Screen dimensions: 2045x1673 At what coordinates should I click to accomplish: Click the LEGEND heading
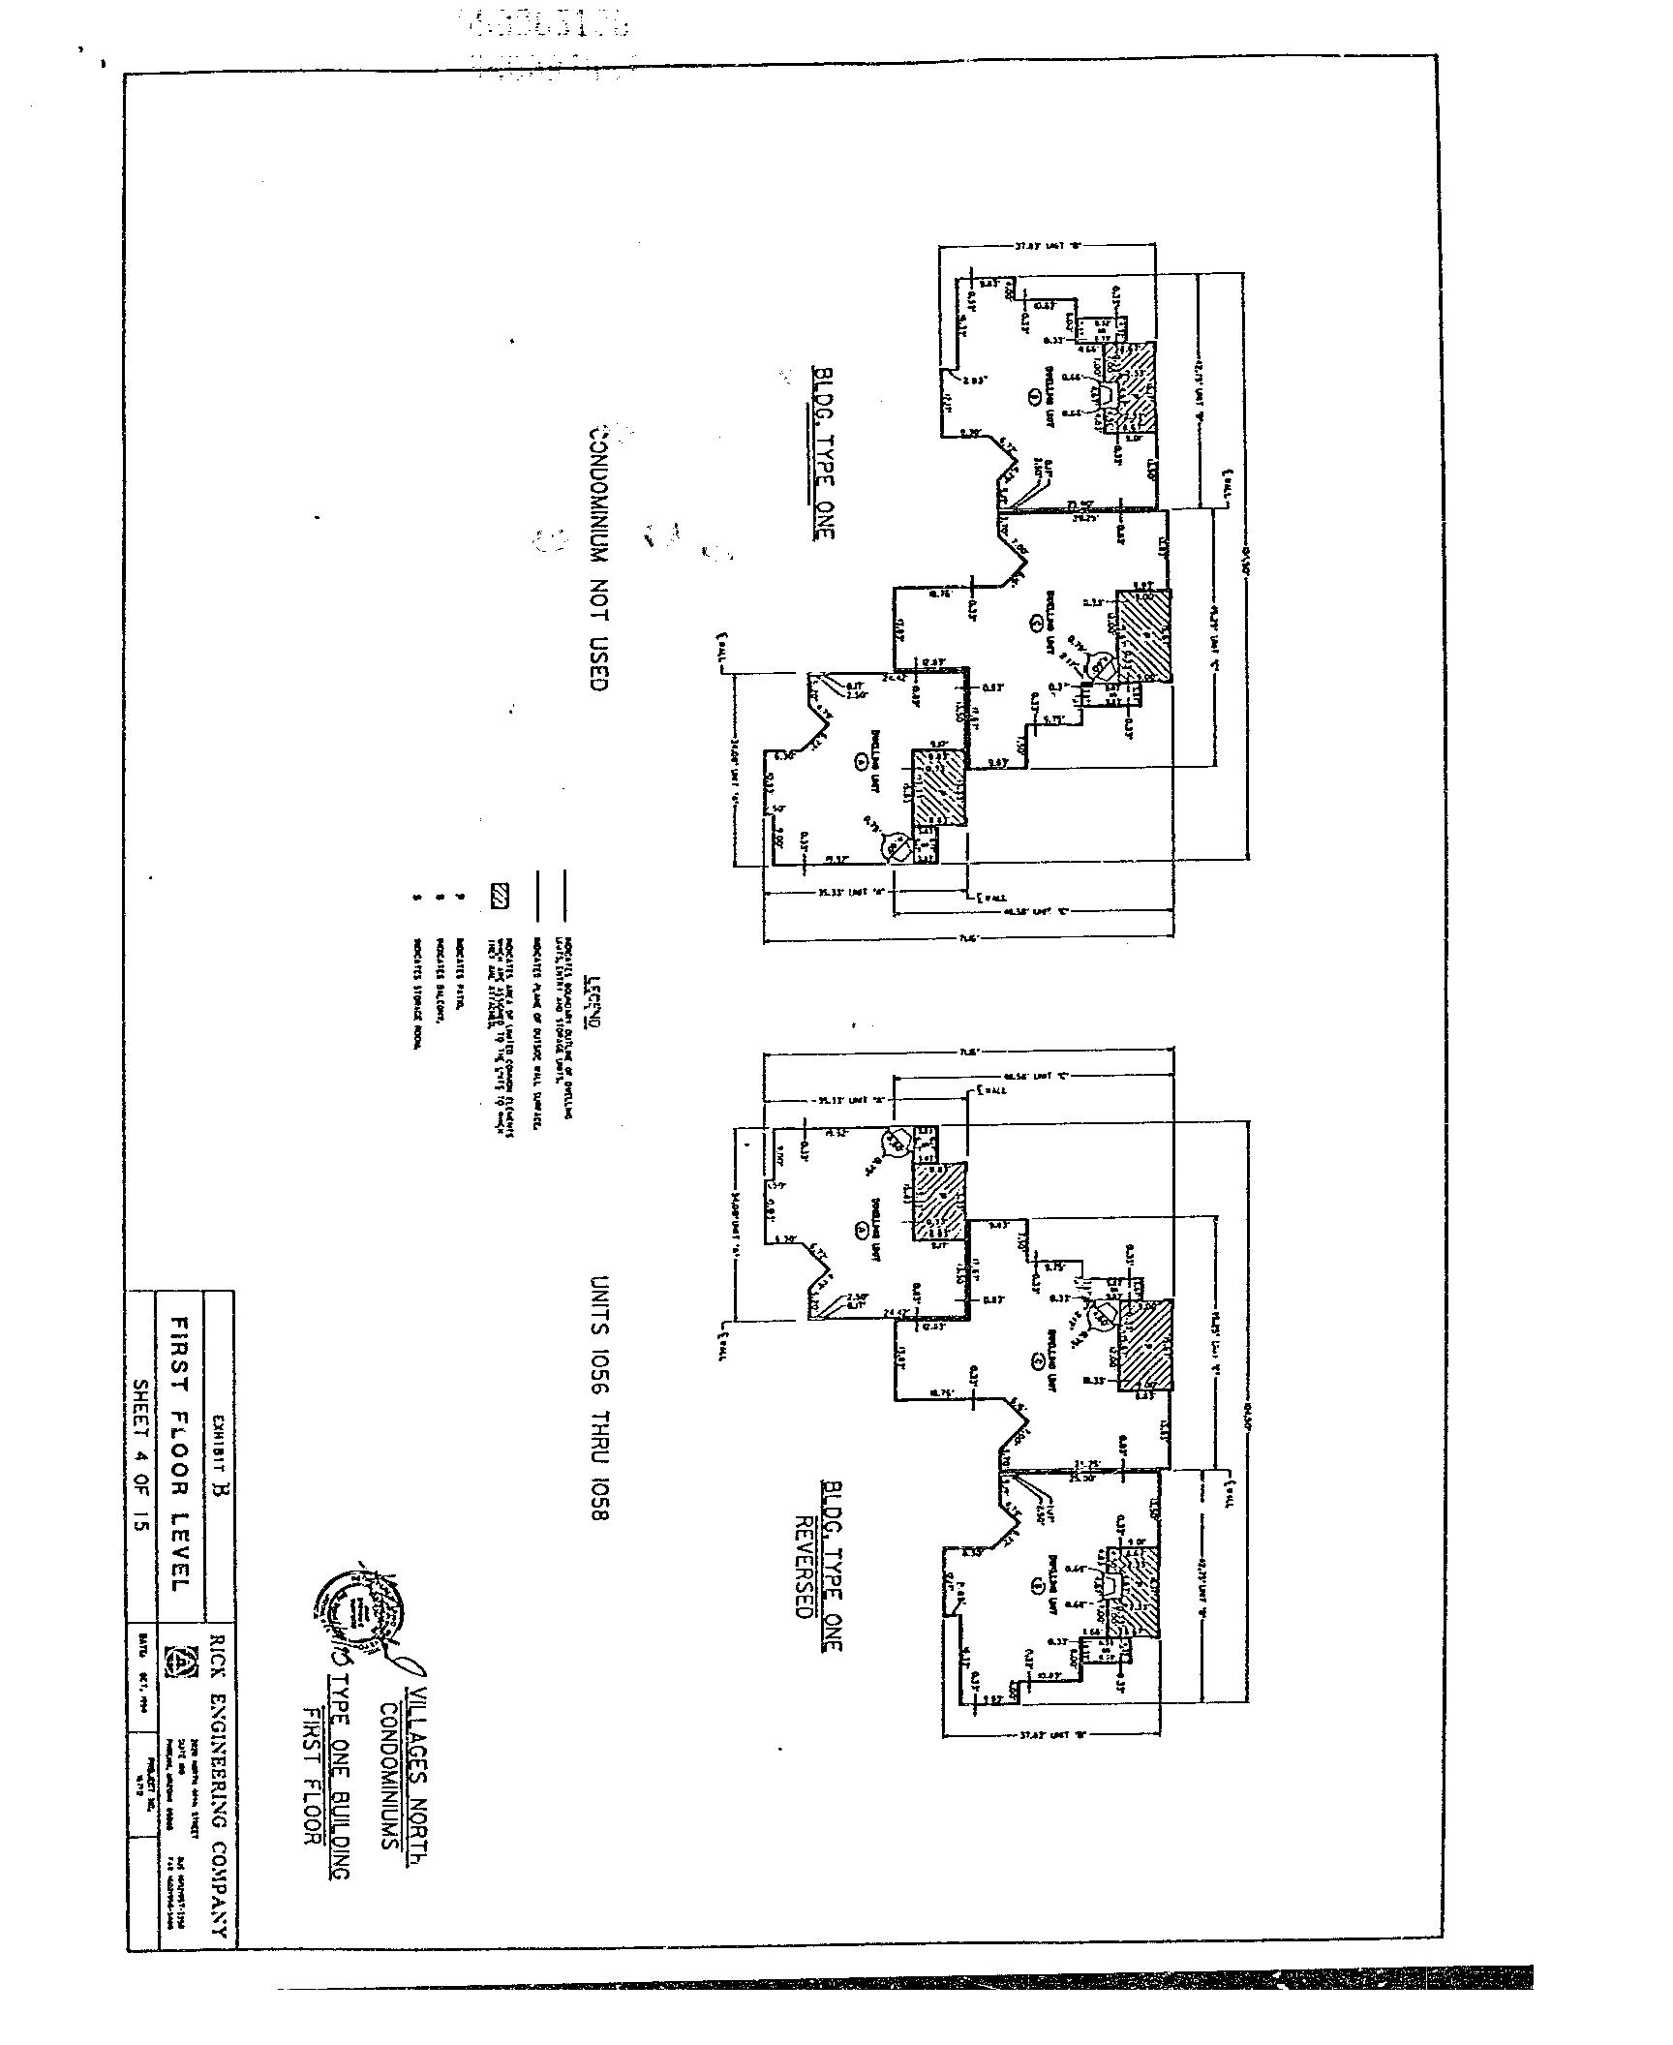593,1003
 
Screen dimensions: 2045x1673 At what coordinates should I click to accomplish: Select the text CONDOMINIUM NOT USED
597,556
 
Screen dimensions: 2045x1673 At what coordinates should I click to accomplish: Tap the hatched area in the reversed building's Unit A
939,1202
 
